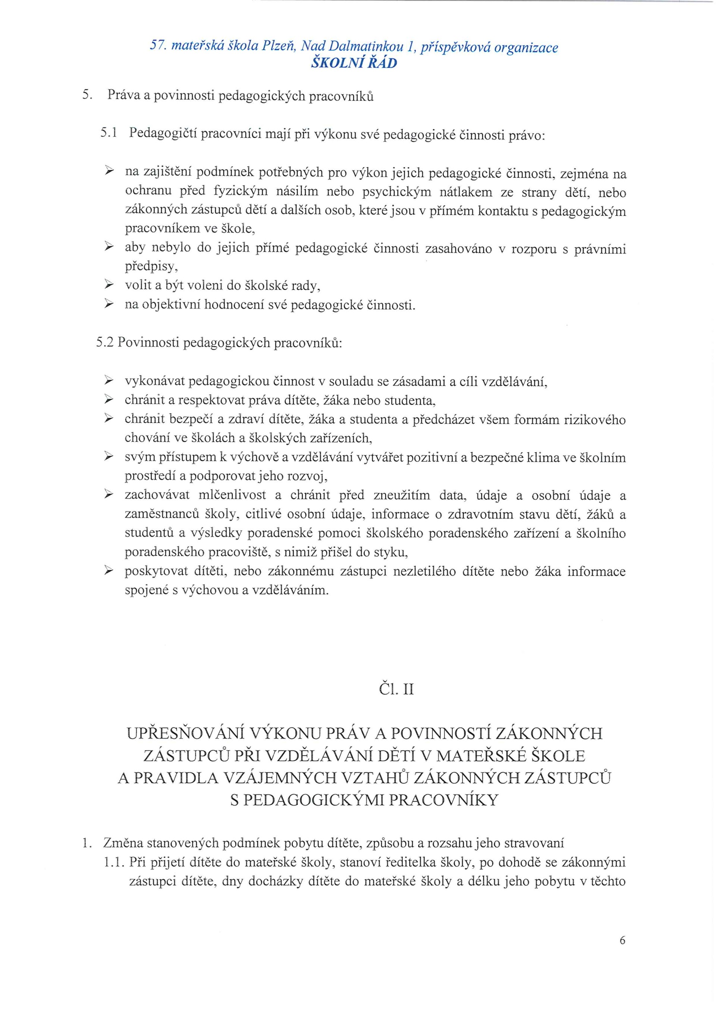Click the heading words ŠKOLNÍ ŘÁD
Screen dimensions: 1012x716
tap(354, 63)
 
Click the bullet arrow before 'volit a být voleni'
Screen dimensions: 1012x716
tap(109, 286)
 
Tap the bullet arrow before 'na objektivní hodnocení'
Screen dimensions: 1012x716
tap(109, 304)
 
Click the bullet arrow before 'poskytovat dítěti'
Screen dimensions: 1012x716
tap(109, 571)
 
